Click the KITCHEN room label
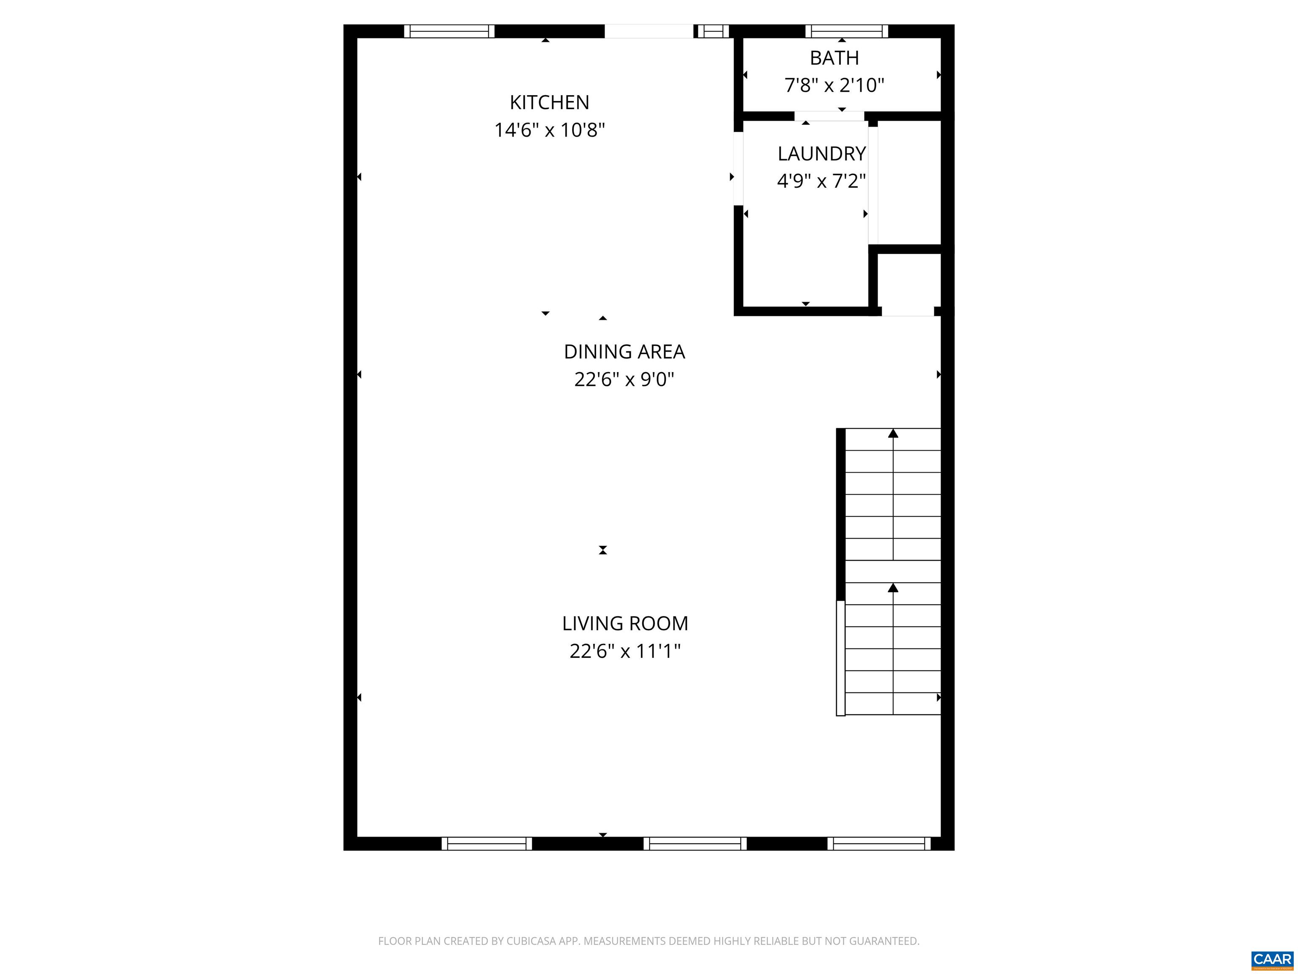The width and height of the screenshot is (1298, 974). tap(549, 102)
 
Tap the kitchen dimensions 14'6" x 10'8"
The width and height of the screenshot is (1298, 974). tap(549, 130)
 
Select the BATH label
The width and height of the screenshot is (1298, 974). tap(834, 58)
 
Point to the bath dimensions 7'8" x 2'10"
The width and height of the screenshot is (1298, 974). tap(834, 86)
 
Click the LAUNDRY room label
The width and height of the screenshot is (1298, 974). tap(821, 154)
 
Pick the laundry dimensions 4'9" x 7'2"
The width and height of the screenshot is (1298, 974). tap(821, 181)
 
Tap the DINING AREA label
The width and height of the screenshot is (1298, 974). tap(624, 352)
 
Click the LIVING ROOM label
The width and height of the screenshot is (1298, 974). tap(624, 624)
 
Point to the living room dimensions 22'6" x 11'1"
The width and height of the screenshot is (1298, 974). tap(624, 651)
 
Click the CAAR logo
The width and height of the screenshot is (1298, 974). tap(1272, 959)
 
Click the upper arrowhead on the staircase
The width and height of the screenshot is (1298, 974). tap(892, 434)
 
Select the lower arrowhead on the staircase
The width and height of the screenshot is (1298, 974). tap(892, 588)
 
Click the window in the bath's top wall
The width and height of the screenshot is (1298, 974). tap(846, 31)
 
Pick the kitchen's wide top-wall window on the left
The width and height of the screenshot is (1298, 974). tap(449, 31)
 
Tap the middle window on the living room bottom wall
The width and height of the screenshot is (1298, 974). tap(695, 844)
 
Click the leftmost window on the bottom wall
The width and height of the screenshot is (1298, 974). tap(486, 844)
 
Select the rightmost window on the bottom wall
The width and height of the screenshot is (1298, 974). tap(878, 844)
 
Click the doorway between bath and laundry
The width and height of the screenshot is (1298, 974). tap(829, 116)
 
